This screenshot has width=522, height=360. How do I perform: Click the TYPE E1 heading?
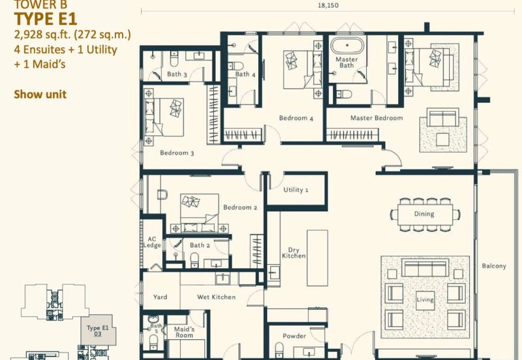click(x=46, y=19)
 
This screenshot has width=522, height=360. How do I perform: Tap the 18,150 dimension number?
click(x=328, y=5)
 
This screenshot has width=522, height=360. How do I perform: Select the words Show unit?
click(x=40, y=94)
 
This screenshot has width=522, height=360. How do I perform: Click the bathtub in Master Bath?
click(x=347, y=45)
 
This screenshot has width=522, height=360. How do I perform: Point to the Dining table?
click(x=424, y=214)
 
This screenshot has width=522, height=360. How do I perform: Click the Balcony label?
click(x=494, y=266)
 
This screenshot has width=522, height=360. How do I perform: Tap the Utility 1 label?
click(x=296, y=190)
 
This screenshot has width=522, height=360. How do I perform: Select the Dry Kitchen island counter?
click(x=317, y=258)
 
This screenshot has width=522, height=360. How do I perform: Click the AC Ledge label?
click(x=152, y=242)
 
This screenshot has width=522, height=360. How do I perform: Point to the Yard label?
click(x=160, y=297)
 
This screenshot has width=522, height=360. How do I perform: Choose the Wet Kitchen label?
click(x=217, y=297)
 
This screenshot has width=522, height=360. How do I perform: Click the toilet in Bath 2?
click(x=194, y=260)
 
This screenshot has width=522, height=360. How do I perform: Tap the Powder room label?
click(x=294, y=336)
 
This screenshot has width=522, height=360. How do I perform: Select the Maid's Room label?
click(x=184, y=332)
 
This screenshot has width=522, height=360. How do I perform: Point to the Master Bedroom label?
click(x=376, y=118)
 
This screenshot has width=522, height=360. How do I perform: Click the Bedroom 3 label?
click(x=177, y=153)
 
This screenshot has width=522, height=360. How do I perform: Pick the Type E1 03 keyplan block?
click(x=99, y=330)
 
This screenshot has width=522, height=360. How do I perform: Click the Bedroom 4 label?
click(x=296, y=118)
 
